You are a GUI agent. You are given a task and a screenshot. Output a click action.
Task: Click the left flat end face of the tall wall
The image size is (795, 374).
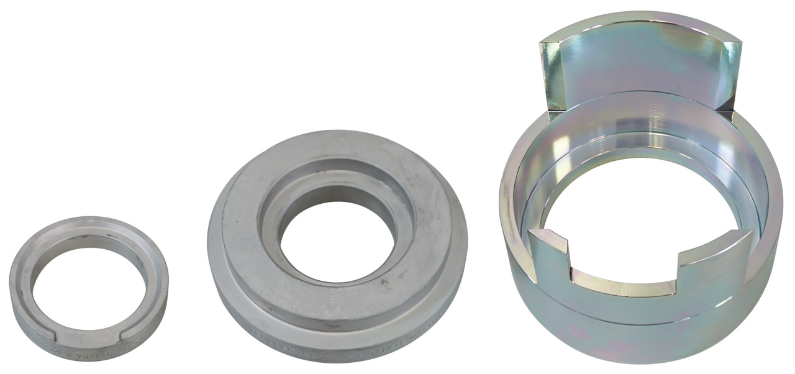(552, 75)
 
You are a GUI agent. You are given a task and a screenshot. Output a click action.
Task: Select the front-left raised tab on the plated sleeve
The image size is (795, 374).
(550, 255)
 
